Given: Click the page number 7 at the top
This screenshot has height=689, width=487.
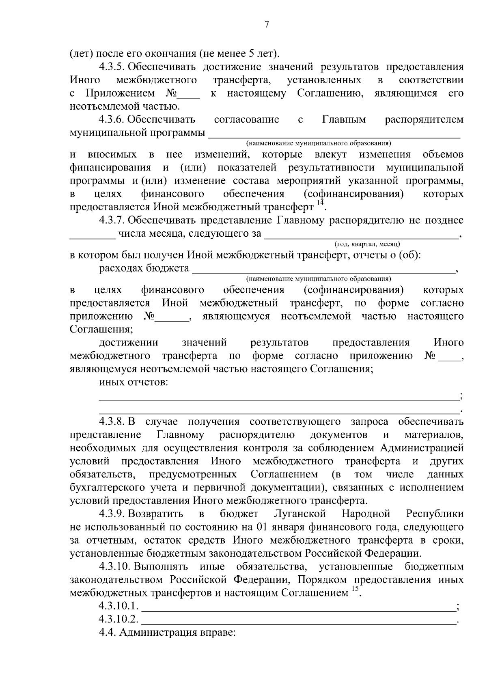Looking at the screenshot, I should pyautogui.click(x=267, y=25).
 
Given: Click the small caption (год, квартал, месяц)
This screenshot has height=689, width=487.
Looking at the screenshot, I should pyautogui.click(x=367, y=244).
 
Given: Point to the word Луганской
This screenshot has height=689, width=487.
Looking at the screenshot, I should pyautogui.click(x=300, y=514).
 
